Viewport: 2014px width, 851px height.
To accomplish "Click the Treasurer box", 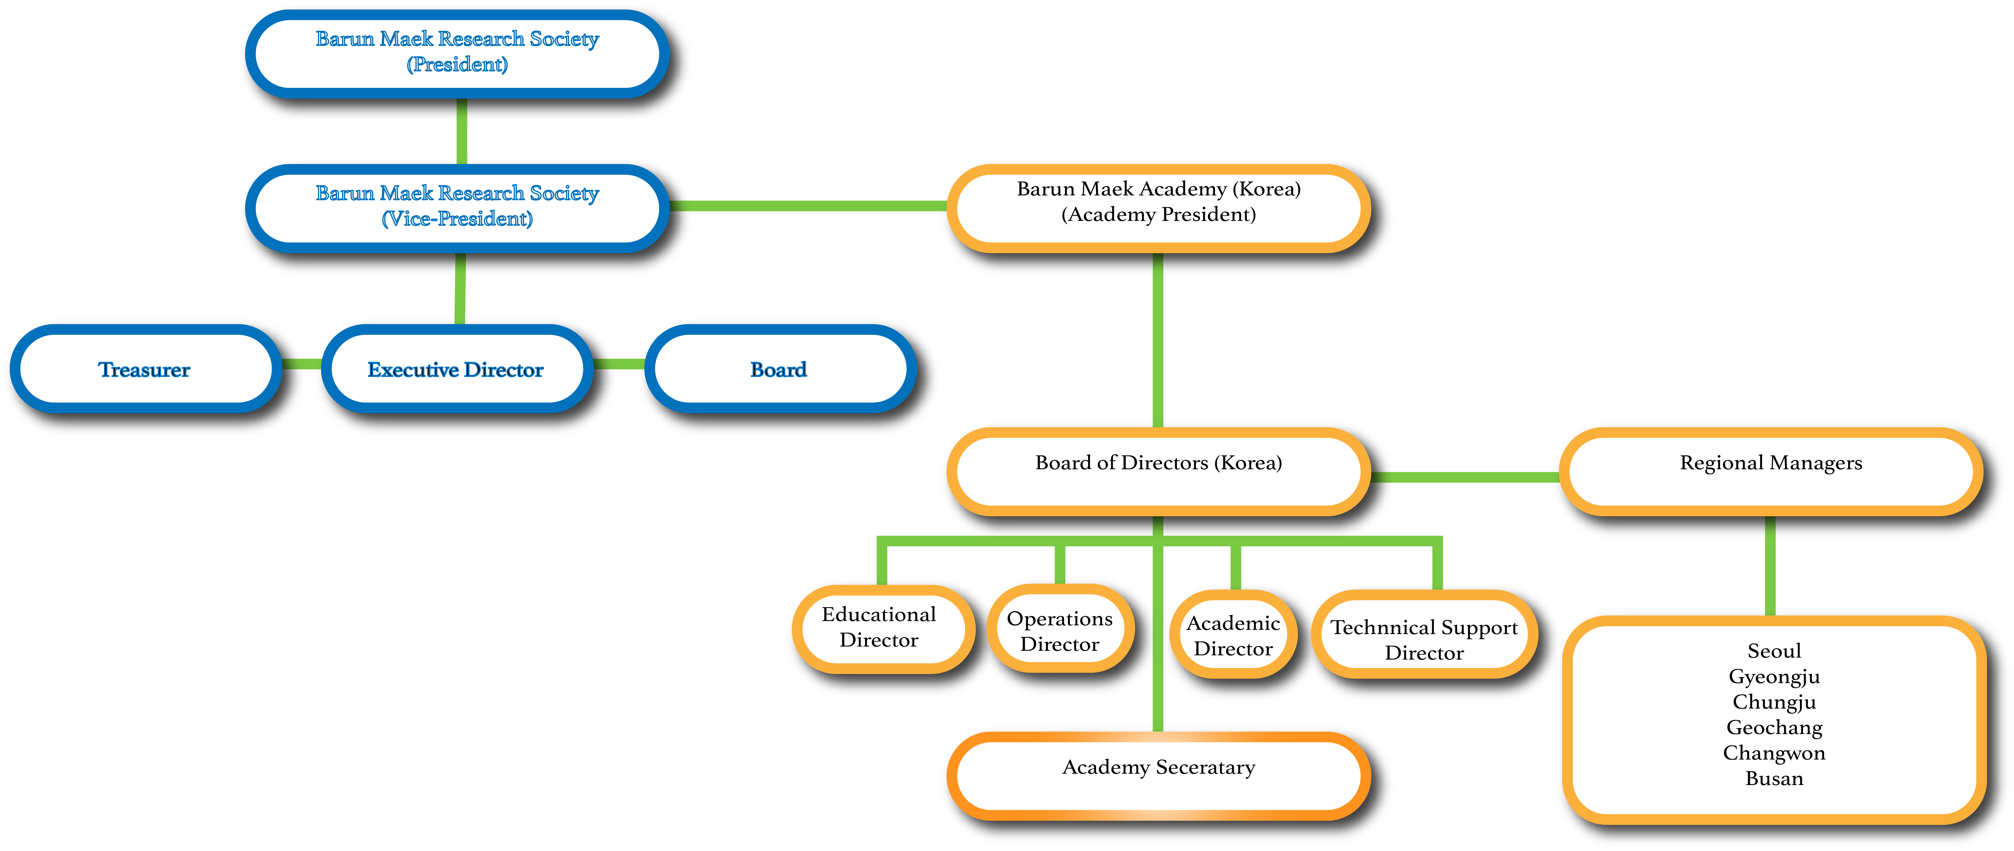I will pos(145,369).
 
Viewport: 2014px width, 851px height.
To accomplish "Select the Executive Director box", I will pos(456,369).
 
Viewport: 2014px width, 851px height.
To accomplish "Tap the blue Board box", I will pos(779,369).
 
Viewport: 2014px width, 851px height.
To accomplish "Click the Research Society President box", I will pos(457,52).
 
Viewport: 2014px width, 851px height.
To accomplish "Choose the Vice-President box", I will pos(457,206).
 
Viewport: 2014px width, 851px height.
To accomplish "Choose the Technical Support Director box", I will pos(1424,640).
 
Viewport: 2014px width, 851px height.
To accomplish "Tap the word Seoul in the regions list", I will pos(1774,651).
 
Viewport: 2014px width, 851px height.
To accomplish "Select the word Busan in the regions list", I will pos(1774,779).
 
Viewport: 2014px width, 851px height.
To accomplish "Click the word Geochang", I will pos(1774,728).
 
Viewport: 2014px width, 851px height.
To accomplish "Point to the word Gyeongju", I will pos(1774,677).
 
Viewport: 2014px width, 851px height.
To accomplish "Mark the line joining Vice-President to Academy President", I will pos(809,206).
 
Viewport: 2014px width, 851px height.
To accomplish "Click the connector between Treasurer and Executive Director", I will pos(301,364).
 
